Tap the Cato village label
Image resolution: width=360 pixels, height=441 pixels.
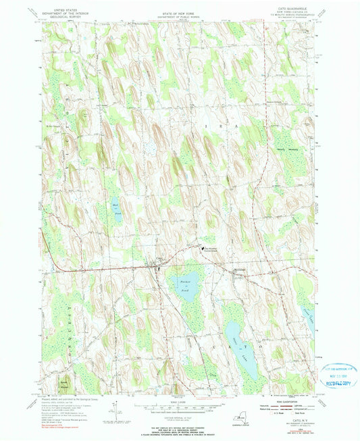152,259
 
